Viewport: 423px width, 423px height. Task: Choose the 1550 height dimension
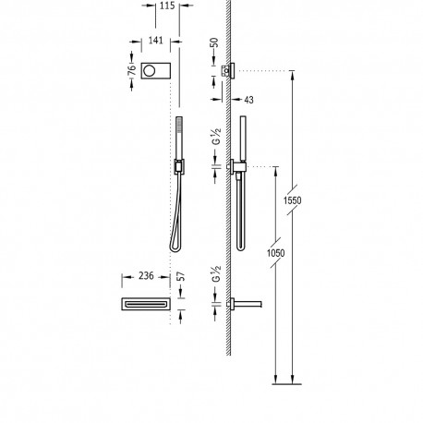click(293, 201)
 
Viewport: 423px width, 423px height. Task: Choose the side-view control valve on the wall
click(235, 71)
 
